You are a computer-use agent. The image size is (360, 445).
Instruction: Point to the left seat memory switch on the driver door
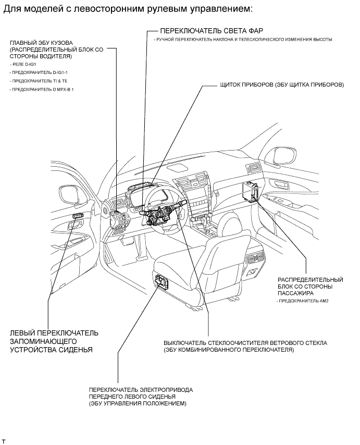point(78,217)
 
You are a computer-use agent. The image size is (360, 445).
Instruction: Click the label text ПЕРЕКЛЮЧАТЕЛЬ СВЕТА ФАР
point(204,31)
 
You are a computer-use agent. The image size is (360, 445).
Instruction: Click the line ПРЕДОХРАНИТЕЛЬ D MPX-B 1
point(37,90)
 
